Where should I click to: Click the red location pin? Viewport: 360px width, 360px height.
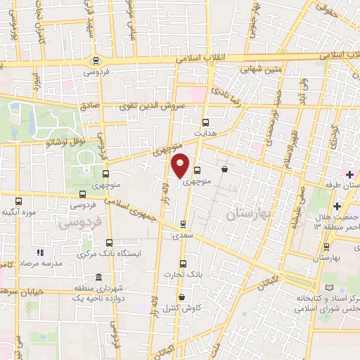coord(181,165)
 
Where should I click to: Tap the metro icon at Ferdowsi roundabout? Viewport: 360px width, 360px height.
coord(96,60)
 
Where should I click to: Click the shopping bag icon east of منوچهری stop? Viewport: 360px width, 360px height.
coord(224,169)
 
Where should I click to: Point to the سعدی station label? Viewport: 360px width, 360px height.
coord(184,237)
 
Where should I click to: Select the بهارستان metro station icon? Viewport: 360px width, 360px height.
coord(326,247)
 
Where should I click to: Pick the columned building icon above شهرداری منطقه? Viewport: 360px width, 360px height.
coord(97,277)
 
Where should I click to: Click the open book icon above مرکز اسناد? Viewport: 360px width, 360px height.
coord(331,288)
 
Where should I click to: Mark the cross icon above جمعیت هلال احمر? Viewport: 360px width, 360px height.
coord(337,206)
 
